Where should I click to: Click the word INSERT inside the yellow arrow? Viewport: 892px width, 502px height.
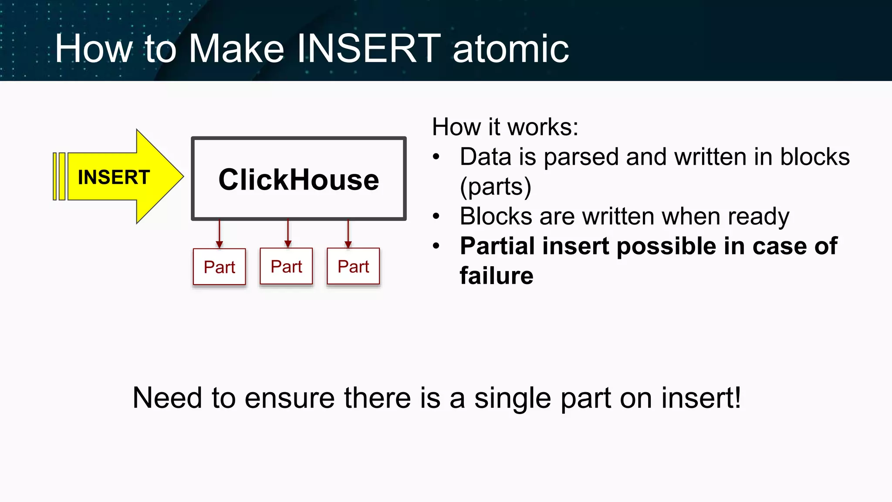[x=114, y=177]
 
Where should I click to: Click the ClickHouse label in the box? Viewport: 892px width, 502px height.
[x=299, y=180]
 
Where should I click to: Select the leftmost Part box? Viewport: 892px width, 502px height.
[x=220, y=267]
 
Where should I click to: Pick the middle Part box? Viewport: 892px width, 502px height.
[x=286, y=266]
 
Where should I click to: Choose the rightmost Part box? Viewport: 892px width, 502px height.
[x=353, y=266]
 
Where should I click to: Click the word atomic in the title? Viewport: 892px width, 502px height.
[x=510, y=49]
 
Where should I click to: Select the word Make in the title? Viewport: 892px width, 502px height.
[x=237, y=49]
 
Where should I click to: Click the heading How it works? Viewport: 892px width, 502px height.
[x=505, y=127]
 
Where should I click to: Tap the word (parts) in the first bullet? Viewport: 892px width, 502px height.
[x=495, y=187]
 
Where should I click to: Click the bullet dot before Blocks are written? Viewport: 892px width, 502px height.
[x=436, y=216]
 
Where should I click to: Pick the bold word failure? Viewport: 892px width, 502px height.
[x=496, y=276]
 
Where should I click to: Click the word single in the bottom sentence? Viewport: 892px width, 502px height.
[x=513, y=398]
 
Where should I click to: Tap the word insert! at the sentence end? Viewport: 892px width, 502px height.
[x=701, y=398]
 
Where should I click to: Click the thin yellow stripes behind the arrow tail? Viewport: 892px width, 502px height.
[x=59, y=176]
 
